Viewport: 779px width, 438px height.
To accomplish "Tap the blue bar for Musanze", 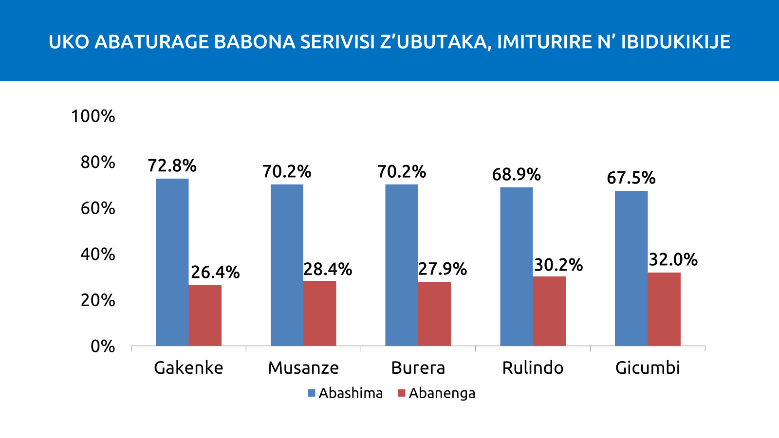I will pyautogui.click(x=287, y=265).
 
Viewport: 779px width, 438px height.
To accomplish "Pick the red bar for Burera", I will pyautogui.click(x=434, y=313).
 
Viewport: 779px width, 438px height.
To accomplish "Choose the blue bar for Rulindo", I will pyautogui.click(x=516, y=266).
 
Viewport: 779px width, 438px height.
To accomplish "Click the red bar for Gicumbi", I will pyautogui.click(x=664, y=309).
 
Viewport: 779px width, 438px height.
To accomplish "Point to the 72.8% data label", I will pyautogui.click(x=172, y=166).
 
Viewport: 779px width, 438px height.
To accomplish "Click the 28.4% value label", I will pyautogui.click(x=328, y=269).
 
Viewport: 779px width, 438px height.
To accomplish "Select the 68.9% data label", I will pyautogui.click(x=516, y=174).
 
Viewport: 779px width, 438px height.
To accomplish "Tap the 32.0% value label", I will pyautogui.click(x=673, y=260).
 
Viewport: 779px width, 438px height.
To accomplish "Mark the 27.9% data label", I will pyautogui.click(x=443, y=269).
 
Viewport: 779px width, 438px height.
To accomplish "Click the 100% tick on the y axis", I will pyautogui.click(x=93, y=116).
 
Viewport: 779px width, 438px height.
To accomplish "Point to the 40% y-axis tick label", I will pyautogui.click(x=98, y=254).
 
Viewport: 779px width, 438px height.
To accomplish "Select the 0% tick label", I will pyautogui.click(x=103, y=346).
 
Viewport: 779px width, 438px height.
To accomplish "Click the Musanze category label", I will pyautogui.click(x=303, y=368).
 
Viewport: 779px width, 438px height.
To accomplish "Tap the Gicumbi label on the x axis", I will pyautogui.click(x=648, y=368).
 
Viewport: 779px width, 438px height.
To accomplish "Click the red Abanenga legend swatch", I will pyautogui.click(x=402, y=393).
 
